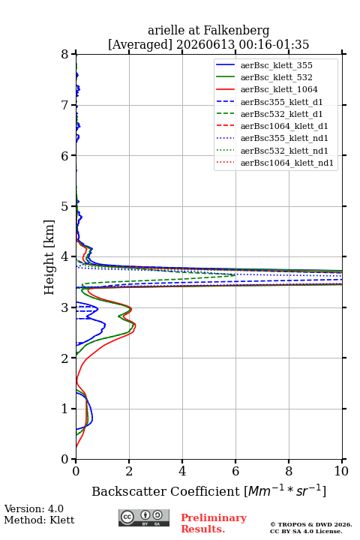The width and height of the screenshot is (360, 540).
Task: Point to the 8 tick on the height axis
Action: coord(73,54)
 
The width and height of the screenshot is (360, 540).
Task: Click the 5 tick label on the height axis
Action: coord(64,206)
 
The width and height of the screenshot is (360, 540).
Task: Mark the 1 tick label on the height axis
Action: coord(64,409)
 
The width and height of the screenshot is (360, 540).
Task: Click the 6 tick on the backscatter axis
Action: coord(235,461)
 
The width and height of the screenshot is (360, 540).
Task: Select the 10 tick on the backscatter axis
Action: coord(342,461)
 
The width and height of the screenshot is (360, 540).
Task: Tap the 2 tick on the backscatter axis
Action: coord(129,461)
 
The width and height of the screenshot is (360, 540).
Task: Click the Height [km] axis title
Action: coord(49,257)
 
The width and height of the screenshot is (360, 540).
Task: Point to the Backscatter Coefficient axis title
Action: coord(208,490)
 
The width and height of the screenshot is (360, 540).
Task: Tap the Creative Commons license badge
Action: coord(144,517)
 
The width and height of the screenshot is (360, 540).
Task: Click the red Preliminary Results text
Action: coord(214,523)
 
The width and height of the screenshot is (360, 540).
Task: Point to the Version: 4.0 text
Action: coord(34,508)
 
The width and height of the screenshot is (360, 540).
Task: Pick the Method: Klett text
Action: coord(39,520)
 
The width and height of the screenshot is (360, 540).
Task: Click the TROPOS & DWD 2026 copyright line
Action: coord(311,524)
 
